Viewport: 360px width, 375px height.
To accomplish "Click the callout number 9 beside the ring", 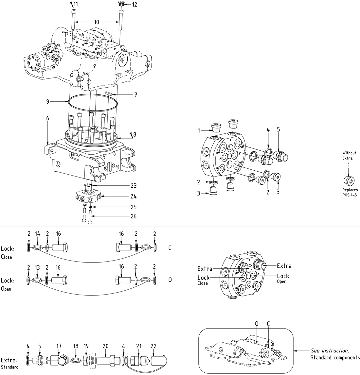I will click(48, 102).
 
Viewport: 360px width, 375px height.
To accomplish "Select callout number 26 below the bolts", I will click(133, 216).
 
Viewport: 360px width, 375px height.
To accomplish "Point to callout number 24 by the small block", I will click(133, 196).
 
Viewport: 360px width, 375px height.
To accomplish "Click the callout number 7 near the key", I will click(135, 95).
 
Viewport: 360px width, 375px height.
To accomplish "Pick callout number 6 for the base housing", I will click(48, 118).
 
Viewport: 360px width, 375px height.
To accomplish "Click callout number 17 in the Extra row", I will click(59, 346).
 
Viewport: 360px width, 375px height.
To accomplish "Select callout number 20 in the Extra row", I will click(105, 346).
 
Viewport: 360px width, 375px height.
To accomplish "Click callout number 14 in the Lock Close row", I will click(37, 234).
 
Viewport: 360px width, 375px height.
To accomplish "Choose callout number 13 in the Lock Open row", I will click(37, 268).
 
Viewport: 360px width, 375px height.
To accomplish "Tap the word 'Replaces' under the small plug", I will click(350, 190).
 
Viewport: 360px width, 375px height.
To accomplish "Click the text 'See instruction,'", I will click(330, 350).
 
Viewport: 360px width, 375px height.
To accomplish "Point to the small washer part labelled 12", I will click(120, 4).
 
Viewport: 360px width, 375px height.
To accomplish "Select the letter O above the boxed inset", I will click(257, 324).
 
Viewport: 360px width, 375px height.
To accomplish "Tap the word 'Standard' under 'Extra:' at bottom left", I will click(9, 367).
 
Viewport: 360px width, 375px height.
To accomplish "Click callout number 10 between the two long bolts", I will click(97, 22).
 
